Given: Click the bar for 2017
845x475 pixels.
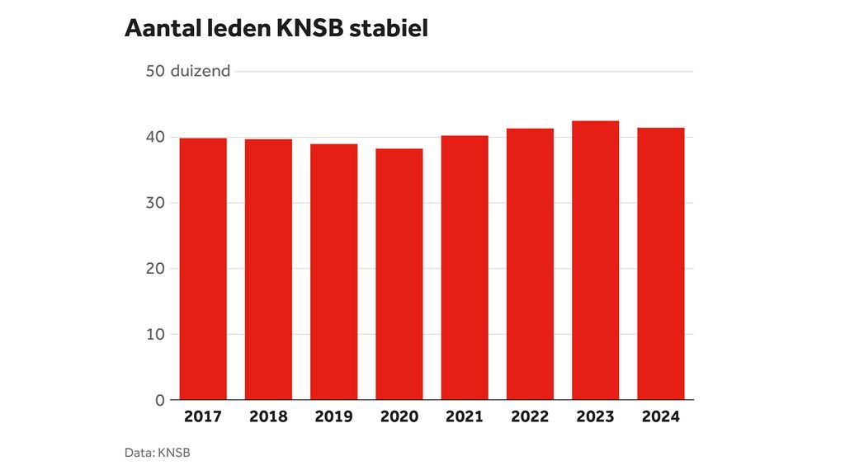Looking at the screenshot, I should pyautogui.click(x=203, y=269).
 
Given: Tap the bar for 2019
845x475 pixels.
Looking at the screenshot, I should pyautogui.click(x=333, y=272).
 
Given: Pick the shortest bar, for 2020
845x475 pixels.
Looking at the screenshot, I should pyautogui.click(x=399, y=275).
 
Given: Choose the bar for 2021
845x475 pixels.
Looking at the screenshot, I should pyautogui.click(x=465, y=268).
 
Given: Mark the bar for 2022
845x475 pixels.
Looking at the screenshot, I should pyautogui.click(x=530, y=264).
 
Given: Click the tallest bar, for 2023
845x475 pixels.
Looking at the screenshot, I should pyautogui.click(x=595, y=261).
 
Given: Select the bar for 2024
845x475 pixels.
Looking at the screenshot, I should pyautogui.click(x=660, y=264).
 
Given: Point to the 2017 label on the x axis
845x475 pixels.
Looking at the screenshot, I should pyautogui.click(x=203, y=416).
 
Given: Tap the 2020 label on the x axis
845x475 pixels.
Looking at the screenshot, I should pyautogui.click(x=399, y=416).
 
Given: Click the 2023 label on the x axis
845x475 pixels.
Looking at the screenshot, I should pyautogui.click(x=595, y=416).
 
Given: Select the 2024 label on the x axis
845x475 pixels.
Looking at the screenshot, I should pyautogui.click(x=660, y=416).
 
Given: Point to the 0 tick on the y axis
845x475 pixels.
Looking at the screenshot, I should pyautogui.click(x=160, y=400).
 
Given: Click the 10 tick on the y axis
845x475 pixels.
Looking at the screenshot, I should pyautogui.click(x=155, y=334).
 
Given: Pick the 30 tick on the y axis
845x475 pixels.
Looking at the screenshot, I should pyautogui.click(x=155, y=203).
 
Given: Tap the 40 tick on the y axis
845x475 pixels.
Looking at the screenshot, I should pyautogui.click(x=155, y=137).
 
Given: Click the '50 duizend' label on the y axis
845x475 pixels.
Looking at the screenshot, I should pyautogui.click(x=187, y=71).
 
